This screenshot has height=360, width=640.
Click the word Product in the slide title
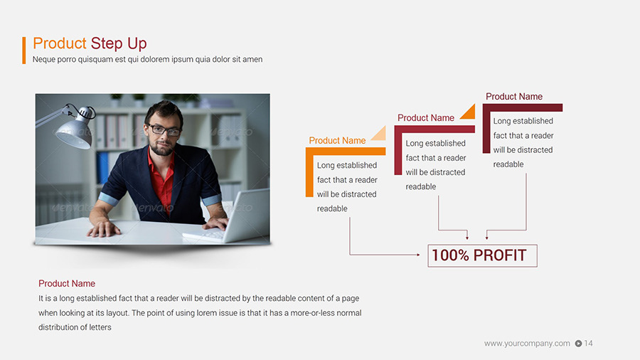pyautogui.click(x=60, y=44)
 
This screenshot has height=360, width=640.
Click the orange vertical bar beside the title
pyautogui.click(x=24, y=51)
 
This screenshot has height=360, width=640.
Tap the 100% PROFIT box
pyautogui.click(x=482, y=255)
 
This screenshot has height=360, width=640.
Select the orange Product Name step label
pyautogui.click(x=337, y=141)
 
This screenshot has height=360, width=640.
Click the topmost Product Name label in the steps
pyautogui.click(x=513, y=97)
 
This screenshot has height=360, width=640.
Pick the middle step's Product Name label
pyautogui.click(x=425, y=118)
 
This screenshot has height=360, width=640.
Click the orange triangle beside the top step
pyautogui.click(x=468, y=112)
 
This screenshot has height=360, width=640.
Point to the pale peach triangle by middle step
pyautogui.click(x=380, y=134)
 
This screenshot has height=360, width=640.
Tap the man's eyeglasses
pyautogui.click(x=164, y=130)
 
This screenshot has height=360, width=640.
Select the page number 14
pyautogui.click(x=588, y=344)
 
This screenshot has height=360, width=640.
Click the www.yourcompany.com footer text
pyautogui.click(x=527, y=344)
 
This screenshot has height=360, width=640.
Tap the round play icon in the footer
pyautogui.click(x=578, y=344)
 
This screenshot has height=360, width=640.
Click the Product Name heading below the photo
pyautogui.click(x=67, y=284)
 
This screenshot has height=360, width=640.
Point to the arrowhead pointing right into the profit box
pyautogui.click(x=418, y=254)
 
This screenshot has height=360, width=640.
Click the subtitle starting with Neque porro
pyautogui.click(x=147, y=60)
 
